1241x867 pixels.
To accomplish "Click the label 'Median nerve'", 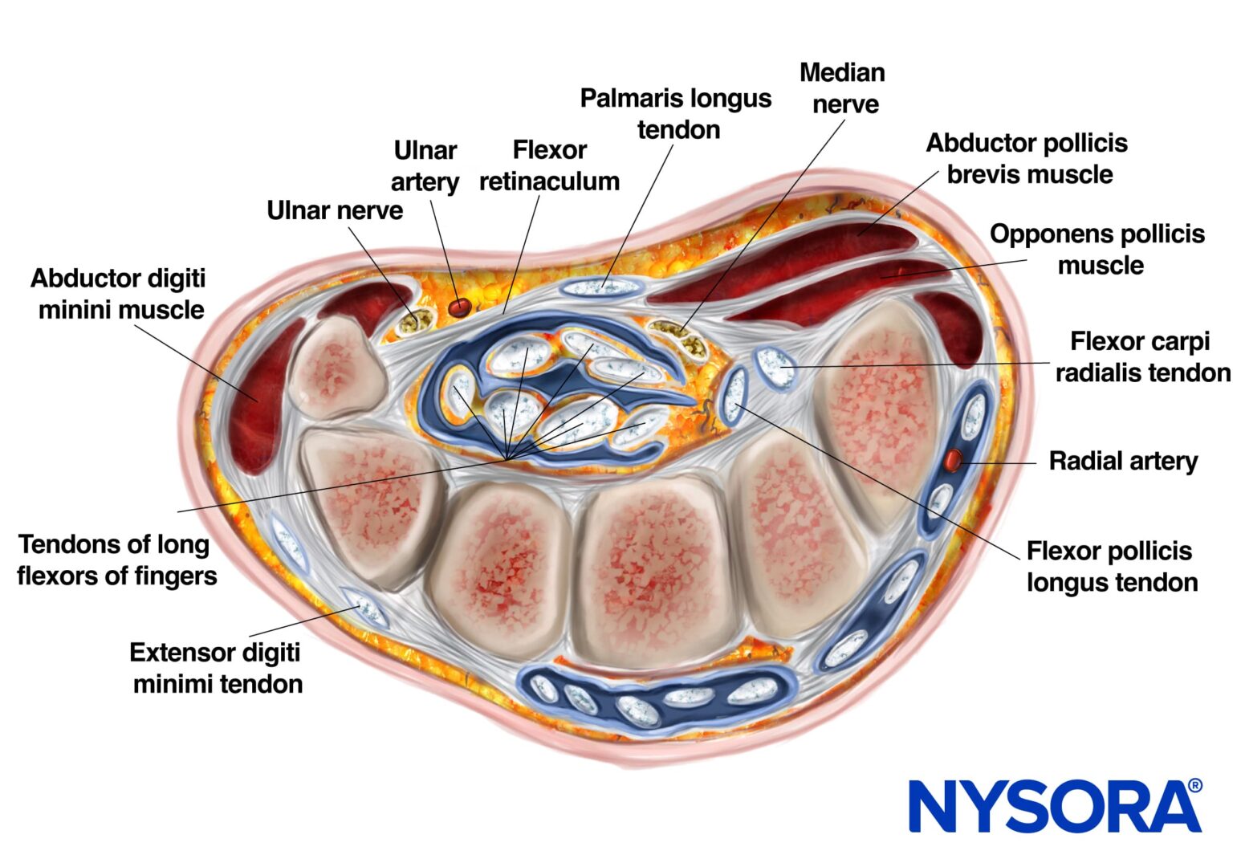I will tap(843, 88).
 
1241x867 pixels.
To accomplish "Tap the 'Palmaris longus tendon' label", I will tap(676, 114).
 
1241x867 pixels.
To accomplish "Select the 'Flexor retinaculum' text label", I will tap(550, 165).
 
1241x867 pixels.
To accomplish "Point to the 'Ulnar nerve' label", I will tap(335, 210).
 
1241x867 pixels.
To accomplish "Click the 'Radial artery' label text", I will tap(1123, 461).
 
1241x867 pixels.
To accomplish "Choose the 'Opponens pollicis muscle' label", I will tap(1097, 250).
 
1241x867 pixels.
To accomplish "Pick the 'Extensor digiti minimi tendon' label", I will tap(217, 668).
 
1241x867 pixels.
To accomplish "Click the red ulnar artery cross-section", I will tap(460, 307).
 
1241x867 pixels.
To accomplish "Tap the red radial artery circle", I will tap(953, 460).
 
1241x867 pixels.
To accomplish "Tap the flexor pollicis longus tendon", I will tap(734, 396).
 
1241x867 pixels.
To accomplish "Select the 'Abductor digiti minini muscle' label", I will tap(119, 294).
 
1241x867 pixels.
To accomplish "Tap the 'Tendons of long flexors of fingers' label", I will tap(116, 560).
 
